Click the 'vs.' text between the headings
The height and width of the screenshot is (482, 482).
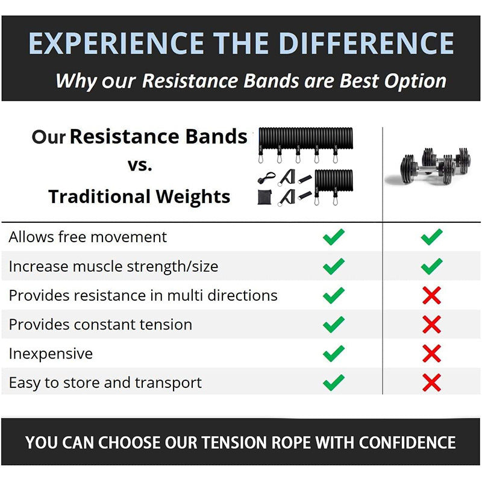(139, 165)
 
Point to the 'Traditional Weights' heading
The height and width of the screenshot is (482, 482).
(139, 196)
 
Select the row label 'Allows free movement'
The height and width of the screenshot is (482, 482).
(87, 237)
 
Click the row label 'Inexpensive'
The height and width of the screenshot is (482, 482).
(51, 353)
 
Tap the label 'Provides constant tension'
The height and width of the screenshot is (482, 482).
(100, 324)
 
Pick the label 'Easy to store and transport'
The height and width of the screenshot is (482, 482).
(105, 383)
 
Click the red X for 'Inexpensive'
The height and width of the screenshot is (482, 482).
(431, 353)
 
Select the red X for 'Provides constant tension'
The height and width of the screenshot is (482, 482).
(431, 324)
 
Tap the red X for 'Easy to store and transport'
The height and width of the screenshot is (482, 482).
(431, 383)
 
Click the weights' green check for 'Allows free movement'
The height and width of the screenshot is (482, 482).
(431, 237)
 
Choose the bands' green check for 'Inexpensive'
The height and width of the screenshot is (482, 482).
(333, 353)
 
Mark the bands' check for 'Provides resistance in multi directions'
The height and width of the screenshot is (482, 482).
(333, 295)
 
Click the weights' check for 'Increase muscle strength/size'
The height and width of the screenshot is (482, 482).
(431, 266)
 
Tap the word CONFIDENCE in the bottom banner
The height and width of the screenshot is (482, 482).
(407, 443)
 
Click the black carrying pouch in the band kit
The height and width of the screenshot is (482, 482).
(264, 197)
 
